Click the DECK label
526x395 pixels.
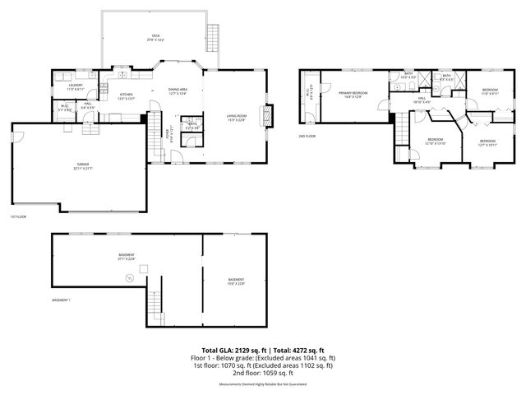tap(155, 37)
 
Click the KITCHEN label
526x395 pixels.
tap(127, 95)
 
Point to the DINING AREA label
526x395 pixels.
tap(178, 91)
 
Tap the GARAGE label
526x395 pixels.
tap(82, 165)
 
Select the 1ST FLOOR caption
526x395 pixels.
tap(18, 217)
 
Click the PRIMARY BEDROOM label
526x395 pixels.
tap(353, 94)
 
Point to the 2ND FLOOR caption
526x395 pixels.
tap(307, 137)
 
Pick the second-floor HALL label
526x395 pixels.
tap(421, 99)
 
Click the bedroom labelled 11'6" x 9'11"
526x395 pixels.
tap(490, 91)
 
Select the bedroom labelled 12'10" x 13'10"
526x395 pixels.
tap(436, 141)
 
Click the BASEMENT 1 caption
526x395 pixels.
tap(61, 300)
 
